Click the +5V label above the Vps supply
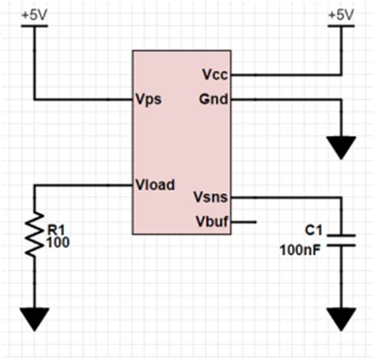(33, 14)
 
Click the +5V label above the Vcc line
(341, 14)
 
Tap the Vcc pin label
(216, 74)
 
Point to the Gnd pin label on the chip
(215, 100)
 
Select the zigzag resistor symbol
(33, 236)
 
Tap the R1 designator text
(56, 229)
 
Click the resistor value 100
(59, 242)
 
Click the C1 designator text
(314, 230)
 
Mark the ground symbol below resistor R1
(33, 319)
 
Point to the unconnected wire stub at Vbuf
(244, 222)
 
